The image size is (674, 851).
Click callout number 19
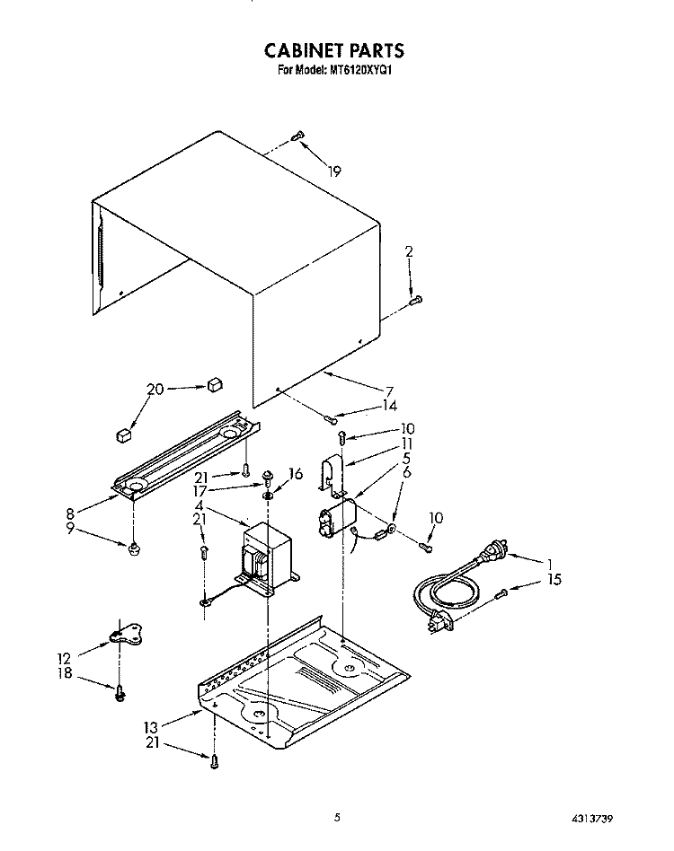pos(334,171)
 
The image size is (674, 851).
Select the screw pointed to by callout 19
pos(298,136)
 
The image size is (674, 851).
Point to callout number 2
pos(409,251)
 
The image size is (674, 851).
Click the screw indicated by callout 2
pos(415,299)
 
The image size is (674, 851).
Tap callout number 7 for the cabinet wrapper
pos(389,390)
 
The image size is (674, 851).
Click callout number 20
pos(155,389)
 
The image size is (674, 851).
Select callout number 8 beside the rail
pos(70,513)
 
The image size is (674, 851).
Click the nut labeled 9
pos(132,549)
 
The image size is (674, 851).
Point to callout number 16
pos(296,474)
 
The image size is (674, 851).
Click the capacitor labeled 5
pos(337,520)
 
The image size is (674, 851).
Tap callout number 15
pos(554,580)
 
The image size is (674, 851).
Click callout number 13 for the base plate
pos(151,727)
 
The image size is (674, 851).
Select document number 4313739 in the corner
pos(592,818)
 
